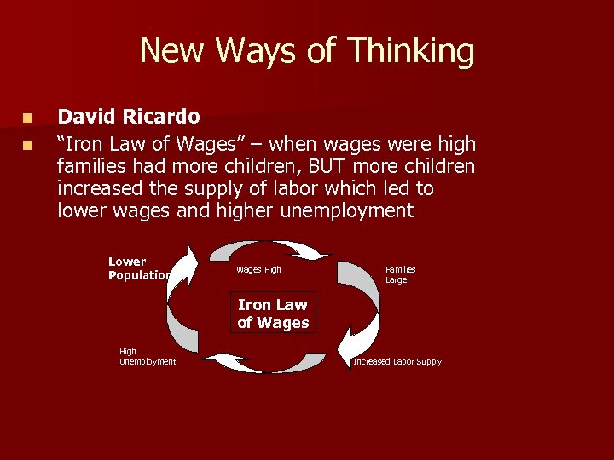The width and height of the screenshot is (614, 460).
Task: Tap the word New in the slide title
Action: (173, 51)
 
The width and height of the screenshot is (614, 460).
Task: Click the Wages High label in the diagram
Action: (258, 270)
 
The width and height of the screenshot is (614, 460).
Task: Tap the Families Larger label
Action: (400, 274)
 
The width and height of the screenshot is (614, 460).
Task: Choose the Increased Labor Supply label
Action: (397, 362)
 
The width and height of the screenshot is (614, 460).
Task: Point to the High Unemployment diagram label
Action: (147, 356)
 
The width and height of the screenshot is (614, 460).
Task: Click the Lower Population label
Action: (139, 268)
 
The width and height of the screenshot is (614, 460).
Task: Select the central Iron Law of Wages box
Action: (273, 313)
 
